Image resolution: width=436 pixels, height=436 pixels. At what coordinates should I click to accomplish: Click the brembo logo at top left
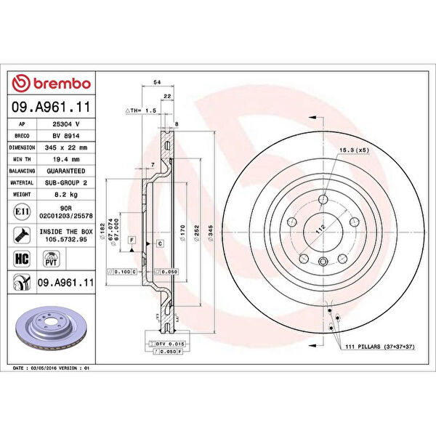50,84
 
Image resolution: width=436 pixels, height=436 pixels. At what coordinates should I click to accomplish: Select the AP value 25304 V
66,124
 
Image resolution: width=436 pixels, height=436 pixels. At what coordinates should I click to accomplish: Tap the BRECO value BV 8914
66,136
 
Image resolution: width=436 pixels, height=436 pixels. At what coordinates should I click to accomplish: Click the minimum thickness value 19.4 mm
66,159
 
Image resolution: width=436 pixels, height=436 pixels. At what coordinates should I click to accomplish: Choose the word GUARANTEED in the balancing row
66,171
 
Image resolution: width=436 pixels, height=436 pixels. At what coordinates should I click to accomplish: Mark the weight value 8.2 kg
66,195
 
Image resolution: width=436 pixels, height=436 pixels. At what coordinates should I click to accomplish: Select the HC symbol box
22,257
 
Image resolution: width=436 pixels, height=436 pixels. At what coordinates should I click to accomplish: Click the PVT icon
52,257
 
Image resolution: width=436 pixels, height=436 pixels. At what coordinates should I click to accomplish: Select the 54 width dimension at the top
157,83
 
